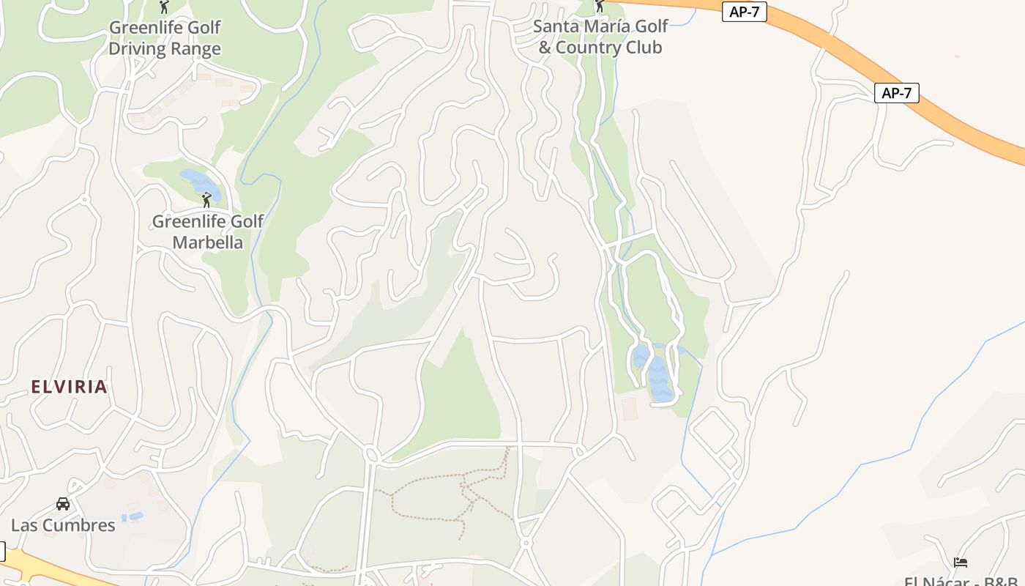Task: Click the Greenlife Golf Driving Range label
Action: (165, 38)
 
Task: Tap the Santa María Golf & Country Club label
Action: (600, 37)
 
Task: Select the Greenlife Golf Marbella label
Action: (207, 231)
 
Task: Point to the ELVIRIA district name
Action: (70, 387)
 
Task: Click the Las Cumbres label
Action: (63, 525)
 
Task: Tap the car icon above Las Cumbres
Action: (63, 504)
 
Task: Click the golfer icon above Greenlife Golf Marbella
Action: (206, 199)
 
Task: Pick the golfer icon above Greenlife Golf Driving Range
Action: (164, 7)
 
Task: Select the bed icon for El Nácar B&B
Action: (961, 563)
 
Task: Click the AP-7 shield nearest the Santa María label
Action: (744, 12)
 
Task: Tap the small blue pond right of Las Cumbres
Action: (133, 517)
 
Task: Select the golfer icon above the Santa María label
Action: (600, 6)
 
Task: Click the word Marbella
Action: (207, 242)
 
